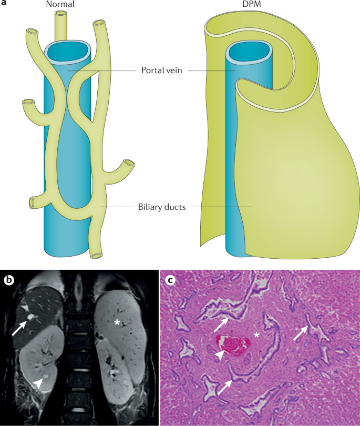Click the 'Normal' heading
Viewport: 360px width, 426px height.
coord(59,5)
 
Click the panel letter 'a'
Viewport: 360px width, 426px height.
coord(4,4)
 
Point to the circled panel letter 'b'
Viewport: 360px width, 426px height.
coord(9,280)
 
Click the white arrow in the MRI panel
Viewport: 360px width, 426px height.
coord(20,322)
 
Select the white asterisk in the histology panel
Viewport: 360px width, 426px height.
coord(257,335)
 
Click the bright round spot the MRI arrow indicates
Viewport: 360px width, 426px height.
coord(32,317)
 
